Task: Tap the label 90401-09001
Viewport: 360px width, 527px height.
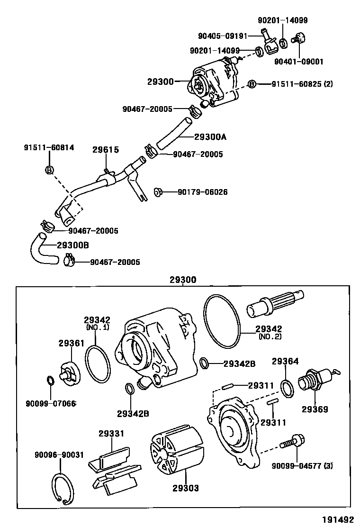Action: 299,61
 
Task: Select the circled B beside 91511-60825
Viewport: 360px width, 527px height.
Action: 252,84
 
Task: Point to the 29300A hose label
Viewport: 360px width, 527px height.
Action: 210,137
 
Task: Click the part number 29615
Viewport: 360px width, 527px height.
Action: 105,150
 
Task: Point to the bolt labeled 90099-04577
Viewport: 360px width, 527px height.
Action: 290,441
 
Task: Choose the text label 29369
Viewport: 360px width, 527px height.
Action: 315,409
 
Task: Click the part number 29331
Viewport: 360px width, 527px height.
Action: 111,433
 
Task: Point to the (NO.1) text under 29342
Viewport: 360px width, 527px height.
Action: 97,327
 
